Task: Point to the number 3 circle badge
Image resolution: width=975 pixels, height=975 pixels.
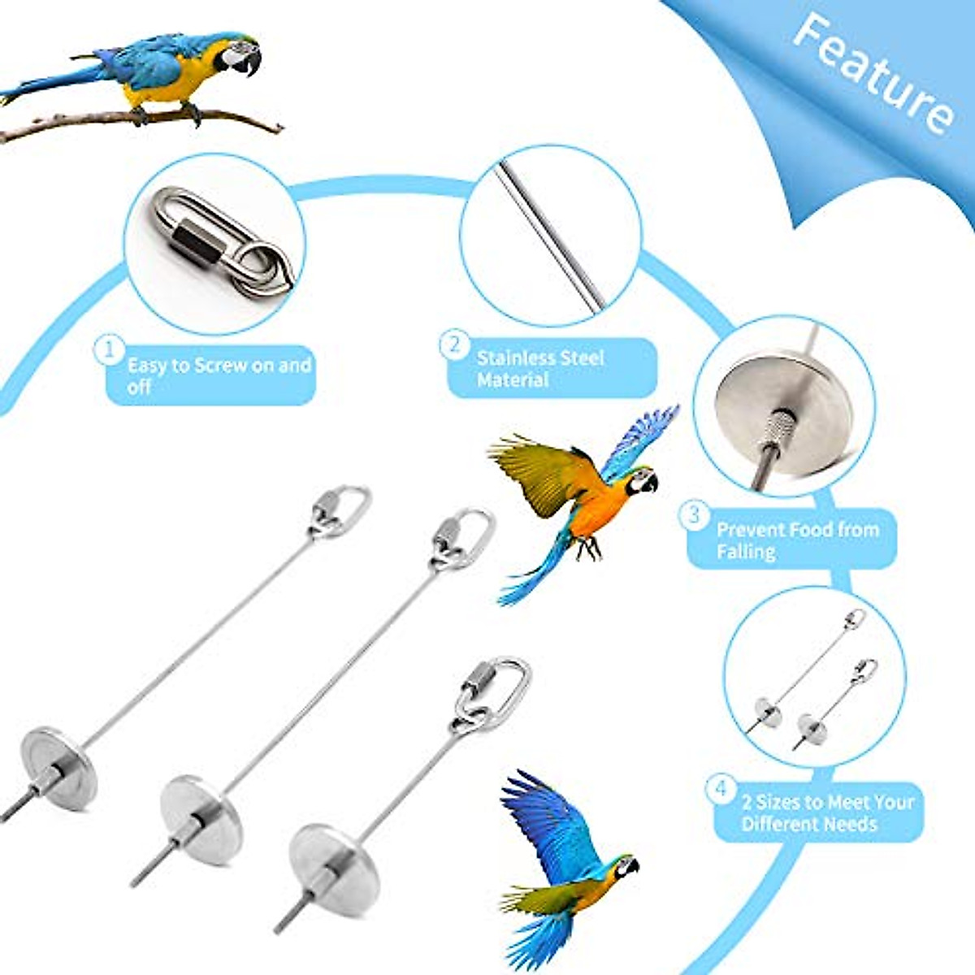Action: (694, 515)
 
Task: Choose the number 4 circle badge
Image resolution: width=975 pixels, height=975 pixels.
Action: (720, 788)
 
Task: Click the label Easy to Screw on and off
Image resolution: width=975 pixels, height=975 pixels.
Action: (218, 375)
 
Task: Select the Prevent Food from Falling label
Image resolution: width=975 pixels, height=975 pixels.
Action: (796, 540)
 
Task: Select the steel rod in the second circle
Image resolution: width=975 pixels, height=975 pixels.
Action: (552, 236)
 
